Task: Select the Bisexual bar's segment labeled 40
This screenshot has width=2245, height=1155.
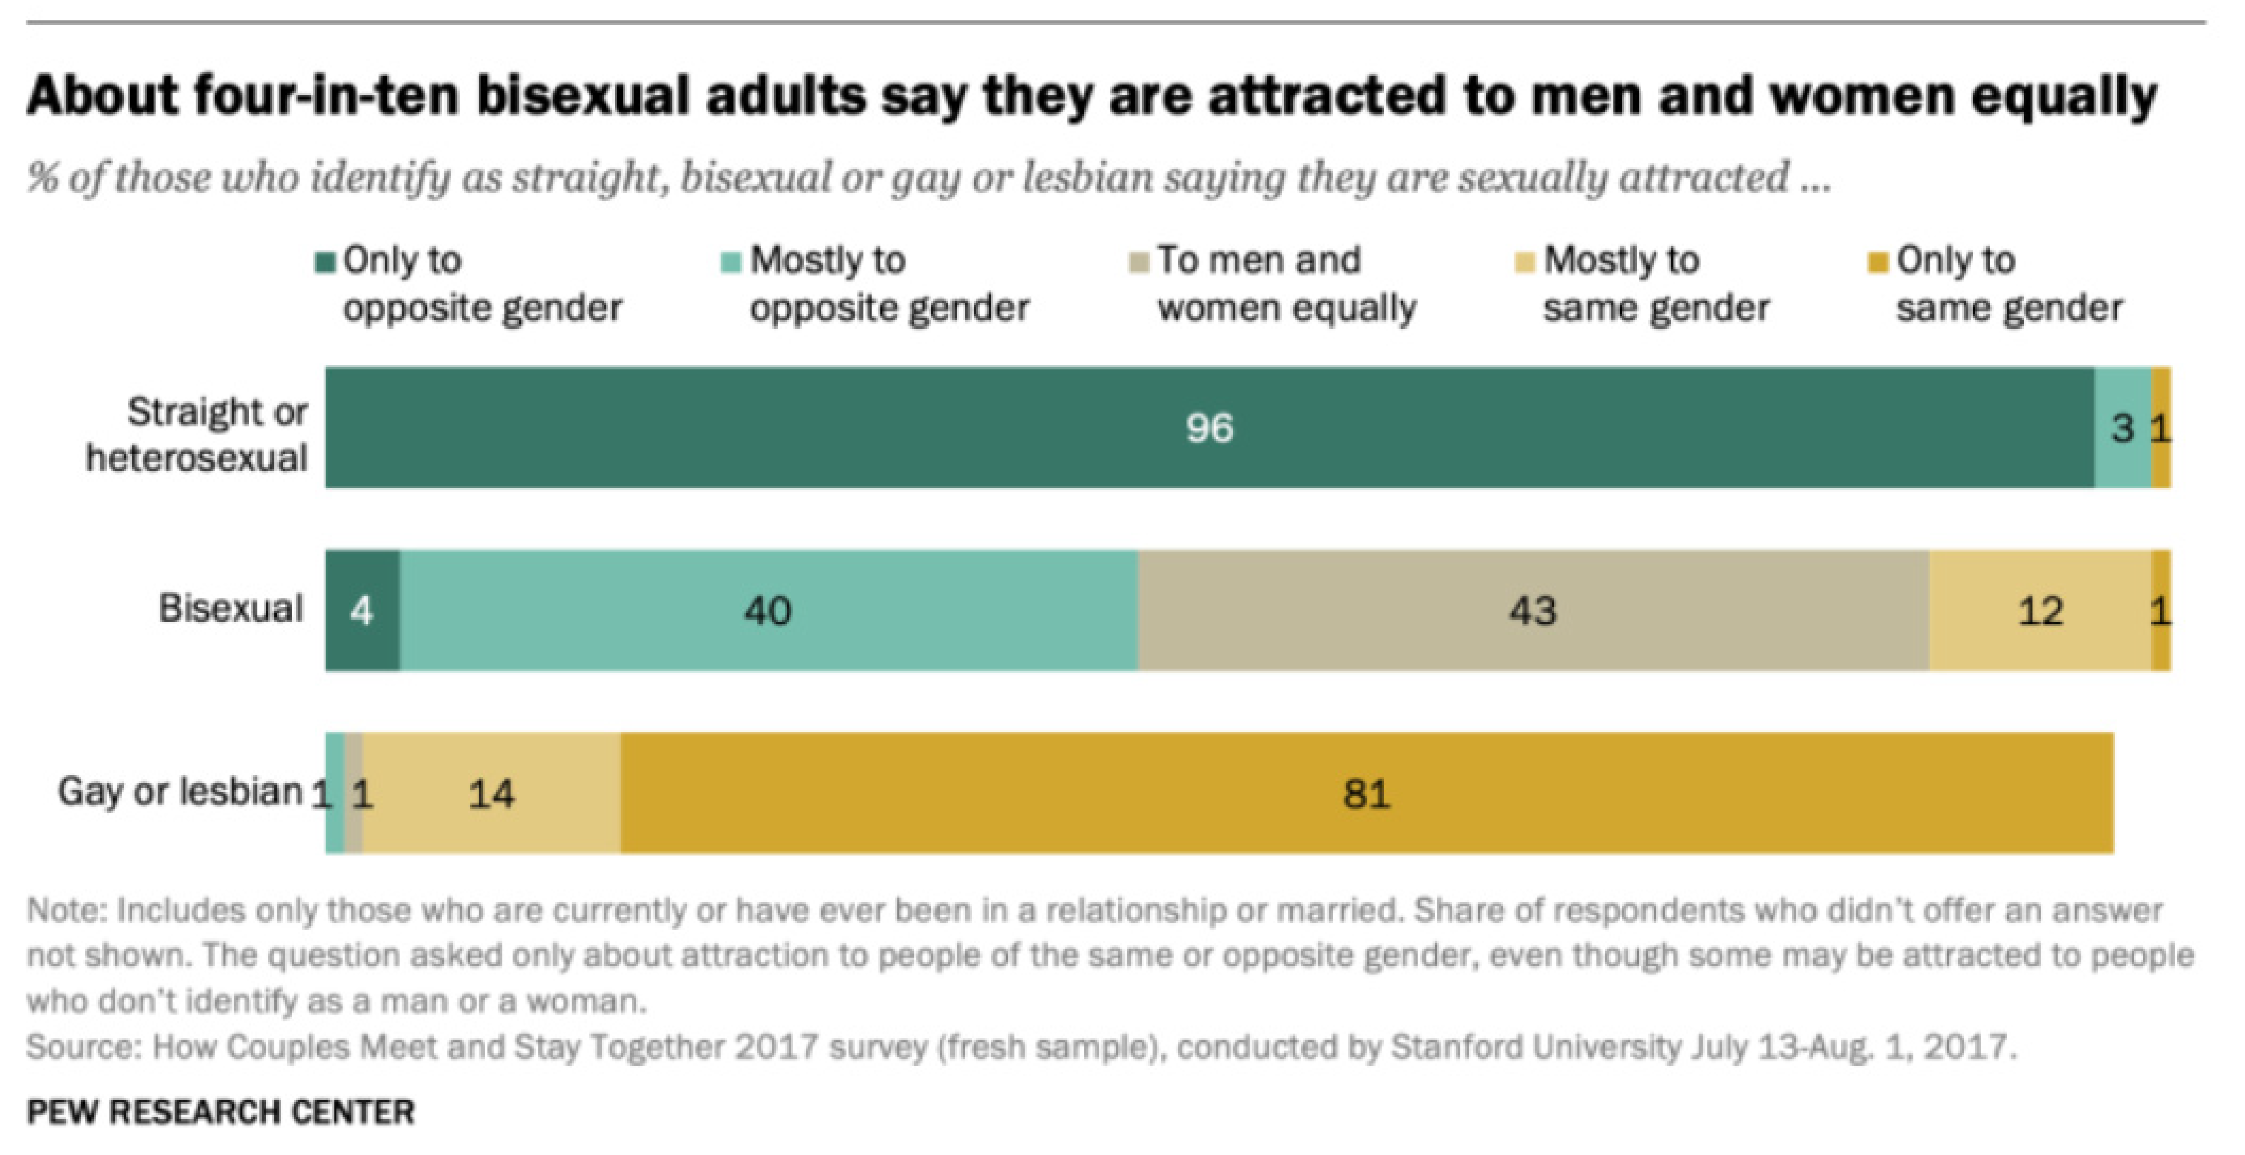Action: pyautogui.click(x=769, y=610)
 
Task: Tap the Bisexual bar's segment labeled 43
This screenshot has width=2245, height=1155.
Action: pyautogui.click(x=1533, y=610)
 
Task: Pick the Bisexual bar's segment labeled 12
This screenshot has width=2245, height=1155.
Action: pyautogui.click(x=2039, y=610)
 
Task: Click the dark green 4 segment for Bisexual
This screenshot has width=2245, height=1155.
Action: pyautogui.click(x=362, y=610)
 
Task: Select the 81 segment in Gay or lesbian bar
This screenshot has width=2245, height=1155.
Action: pyautogui.click(x=1366, y=793)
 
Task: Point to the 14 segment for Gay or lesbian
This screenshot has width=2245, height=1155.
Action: pyautogui.click(x=492, y=793)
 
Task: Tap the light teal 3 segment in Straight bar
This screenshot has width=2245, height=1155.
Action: pyautogui.click(x=2122, y=427)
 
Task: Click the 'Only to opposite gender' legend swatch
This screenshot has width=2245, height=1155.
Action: pyautogui.click(x=325, y=262)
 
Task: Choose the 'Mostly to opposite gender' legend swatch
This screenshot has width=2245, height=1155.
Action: pyautogui.click(x=731, y=262)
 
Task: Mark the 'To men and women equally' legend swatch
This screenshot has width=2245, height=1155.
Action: pyautogui.click(x=1138, y=262)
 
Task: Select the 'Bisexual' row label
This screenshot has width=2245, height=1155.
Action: pyautogui.click(x=230, y=609)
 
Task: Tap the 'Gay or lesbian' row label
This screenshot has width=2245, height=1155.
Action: pyautogui.click(x=180, y=792)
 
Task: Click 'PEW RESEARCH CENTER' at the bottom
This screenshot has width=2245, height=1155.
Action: pyautogui.click(x=221, y=1111)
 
